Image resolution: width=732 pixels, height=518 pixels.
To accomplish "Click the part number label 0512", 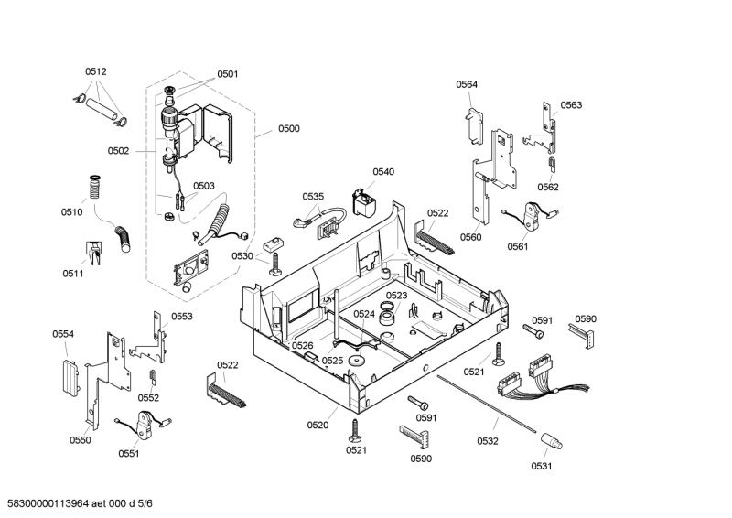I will [x=96, y=71].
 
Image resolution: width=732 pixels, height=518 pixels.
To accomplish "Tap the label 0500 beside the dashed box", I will [x=288, y=129].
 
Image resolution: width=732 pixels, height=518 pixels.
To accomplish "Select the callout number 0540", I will [x=383, y=172].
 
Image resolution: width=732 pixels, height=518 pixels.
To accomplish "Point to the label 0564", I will [x=467, y=85].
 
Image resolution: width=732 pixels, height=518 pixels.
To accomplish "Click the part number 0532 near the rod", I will [x=488, y=441].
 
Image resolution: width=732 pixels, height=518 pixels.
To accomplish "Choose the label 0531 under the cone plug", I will [x=543, y=465].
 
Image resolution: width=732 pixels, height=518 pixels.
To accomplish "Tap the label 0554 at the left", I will [x=62, y=334].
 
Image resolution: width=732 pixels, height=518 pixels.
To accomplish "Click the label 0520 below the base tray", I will [x=318, y=425].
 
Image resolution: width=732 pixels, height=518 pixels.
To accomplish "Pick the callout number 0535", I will [x=313, y=197].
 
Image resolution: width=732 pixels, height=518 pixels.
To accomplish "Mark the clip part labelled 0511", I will [x=93, y=249].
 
